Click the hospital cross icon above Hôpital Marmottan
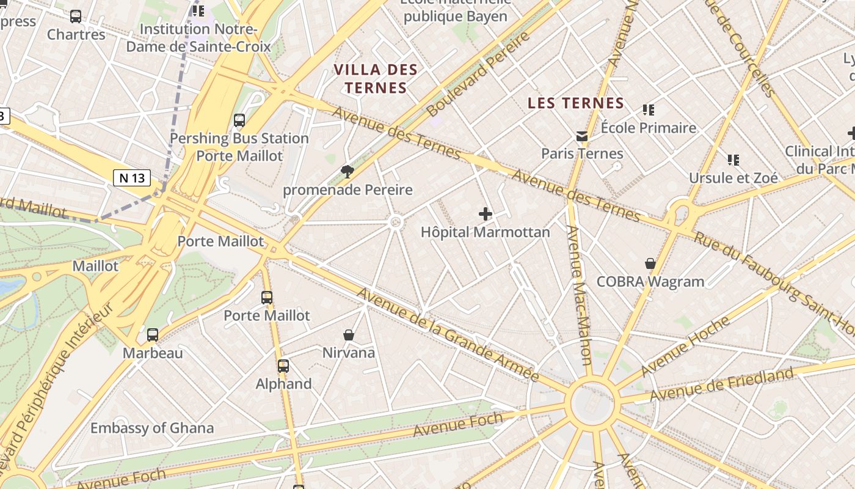click(x=486, y=214)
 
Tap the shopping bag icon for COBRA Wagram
click(x=650, y=263)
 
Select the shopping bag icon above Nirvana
click(x=349, y=334)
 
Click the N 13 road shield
click(x=132, y=178)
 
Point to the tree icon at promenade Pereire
click(x=347, y=171)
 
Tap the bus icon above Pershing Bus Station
click(x=239, y=120)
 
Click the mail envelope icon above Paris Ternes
click(x=582, y=136)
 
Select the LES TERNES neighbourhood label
click(x=575, y=103)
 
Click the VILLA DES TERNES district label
click(x=376, y=79)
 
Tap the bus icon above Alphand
click(x=283, y=366)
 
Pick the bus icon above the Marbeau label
click(x=153, y=335)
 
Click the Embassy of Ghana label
click(x=152, y=428)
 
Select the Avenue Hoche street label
click(x=685, y=346)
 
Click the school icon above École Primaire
click(x=649, y=110)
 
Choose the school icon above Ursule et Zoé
click(x=733, y=160)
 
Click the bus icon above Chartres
click(x=76, y=17)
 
